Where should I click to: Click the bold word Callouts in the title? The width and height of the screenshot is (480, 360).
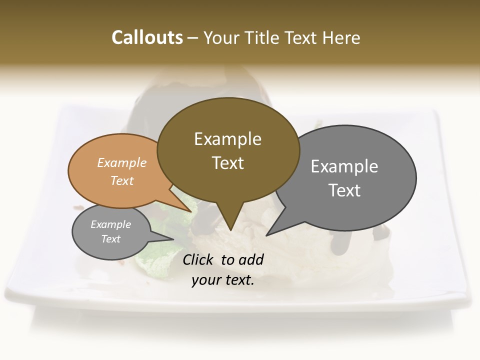(x=147, y=37)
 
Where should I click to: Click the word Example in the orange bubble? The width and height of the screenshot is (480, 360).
(x=122, y=163)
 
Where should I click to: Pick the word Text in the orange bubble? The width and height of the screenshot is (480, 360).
(x=122, y=181)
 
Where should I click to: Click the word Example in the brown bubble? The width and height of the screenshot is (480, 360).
(x=227, y=139)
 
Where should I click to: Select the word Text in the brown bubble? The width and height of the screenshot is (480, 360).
(x=228, y=163)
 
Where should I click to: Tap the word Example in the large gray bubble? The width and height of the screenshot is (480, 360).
(x=344, y=166)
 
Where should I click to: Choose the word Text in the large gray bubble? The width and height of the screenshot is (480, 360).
(x=344, y=190)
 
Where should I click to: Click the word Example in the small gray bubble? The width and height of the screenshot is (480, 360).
(x=110, y=224)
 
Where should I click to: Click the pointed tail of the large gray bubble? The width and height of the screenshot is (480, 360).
(x=272, y=230)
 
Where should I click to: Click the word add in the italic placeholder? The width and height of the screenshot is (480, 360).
(x=251, y=259)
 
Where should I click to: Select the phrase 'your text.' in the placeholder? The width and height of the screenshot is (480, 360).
(x=223, y=280)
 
